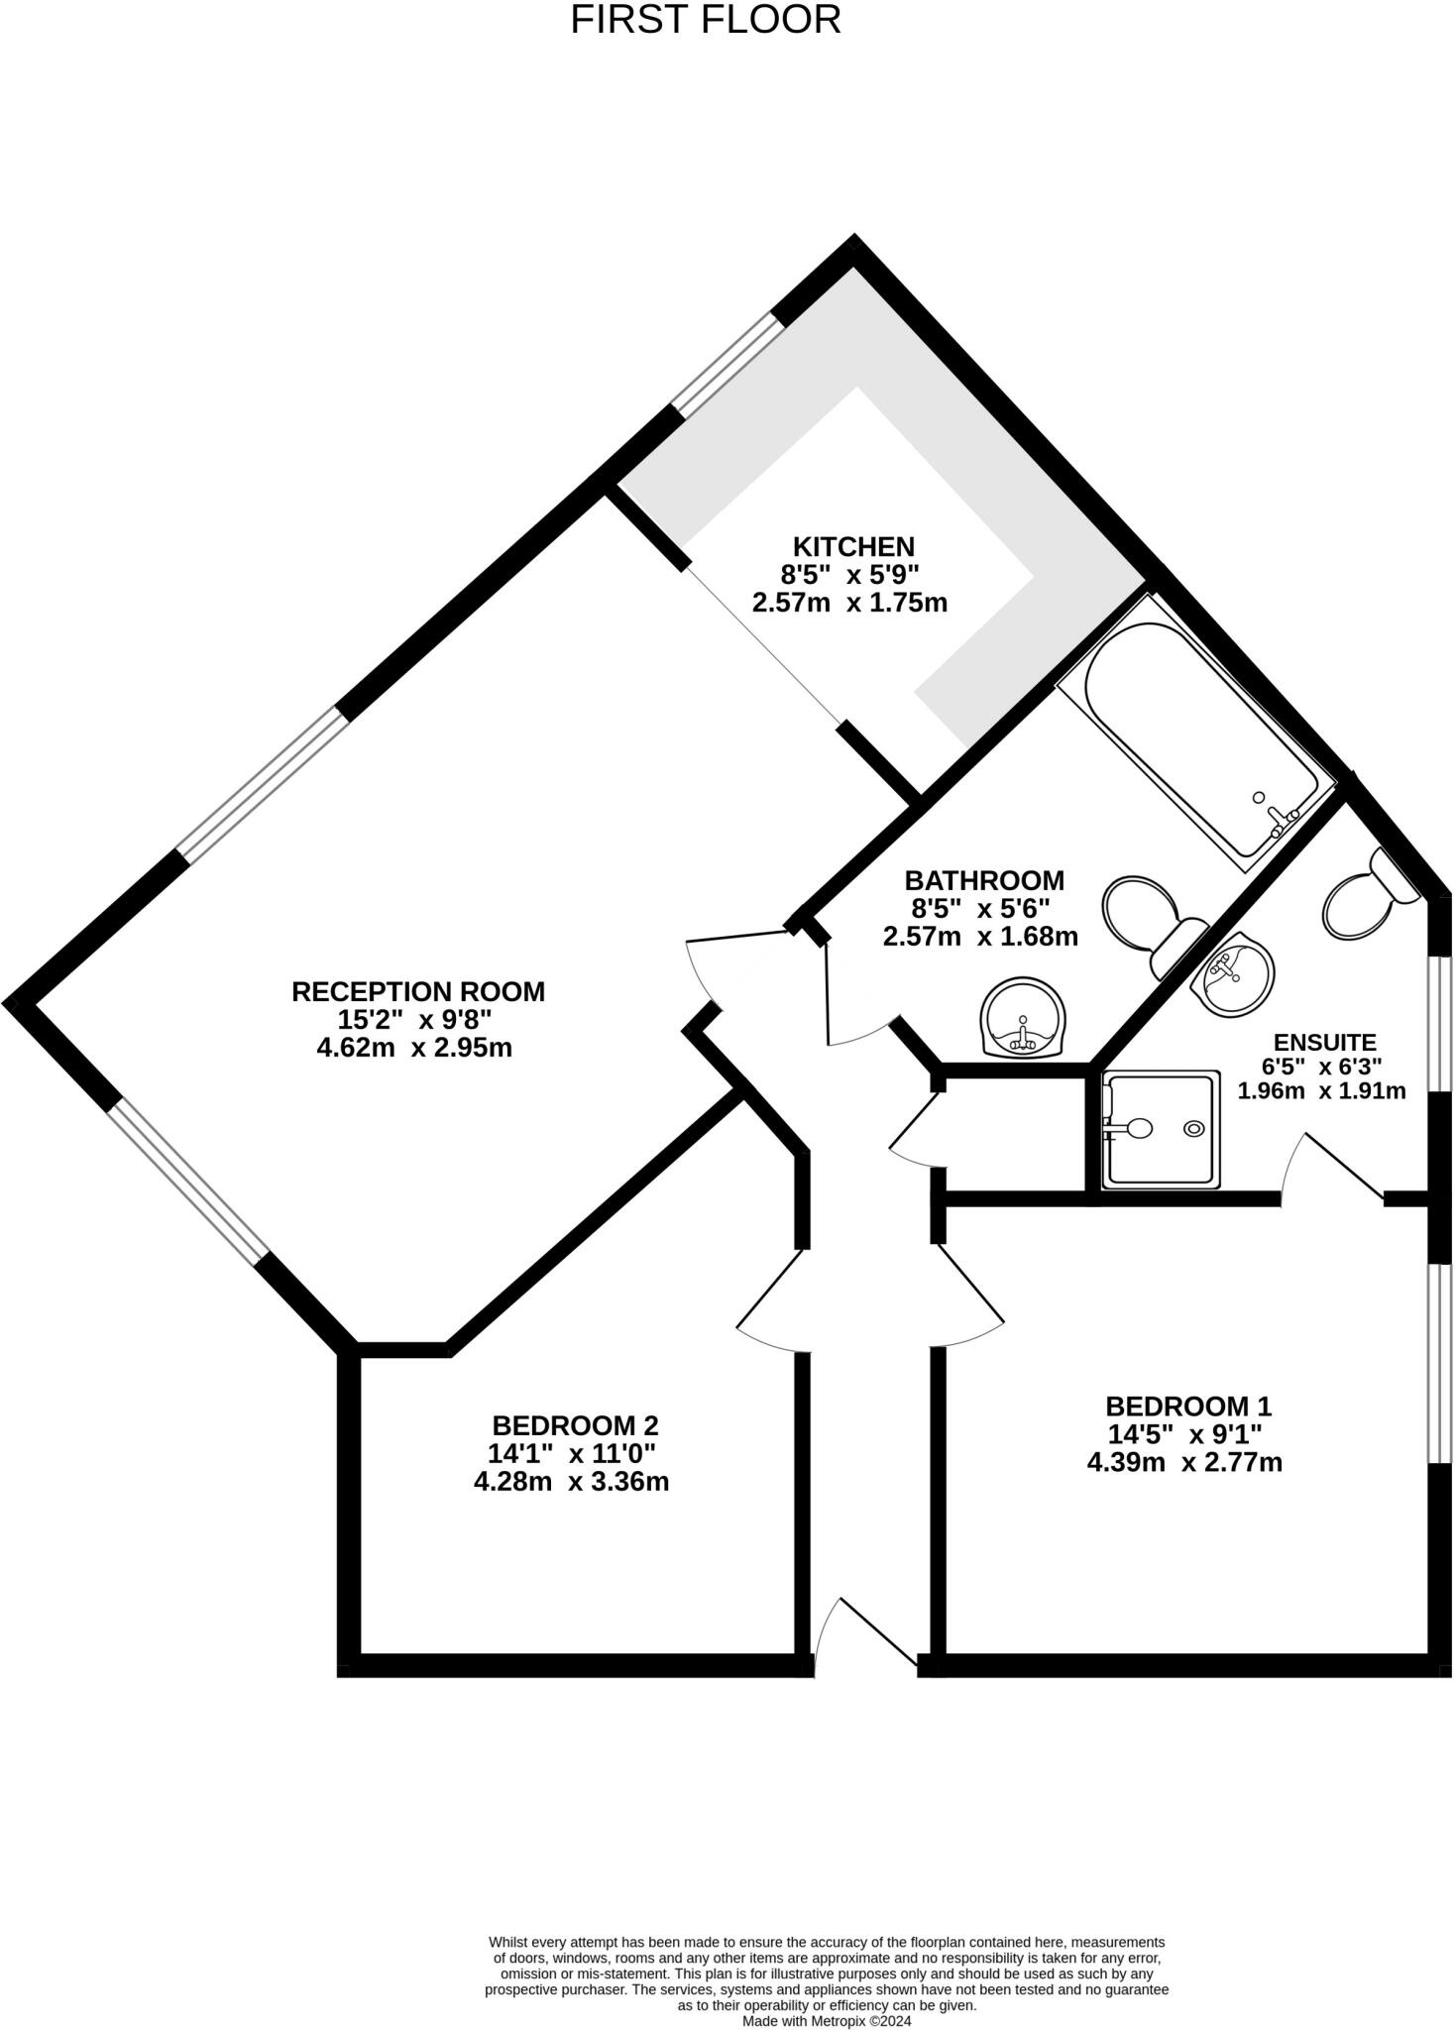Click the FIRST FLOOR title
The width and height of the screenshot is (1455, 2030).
point(706,20)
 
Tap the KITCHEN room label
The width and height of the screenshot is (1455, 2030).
point(852,546)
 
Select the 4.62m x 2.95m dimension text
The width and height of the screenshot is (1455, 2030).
point(413,1048)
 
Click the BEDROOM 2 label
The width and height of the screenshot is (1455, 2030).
point(575,1425)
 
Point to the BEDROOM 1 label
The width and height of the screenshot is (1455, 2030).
point(1187,1406)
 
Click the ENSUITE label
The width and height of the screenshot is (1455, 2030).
point(1324,1043)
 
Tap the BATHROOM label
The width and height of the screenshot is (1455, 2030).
point(983,880)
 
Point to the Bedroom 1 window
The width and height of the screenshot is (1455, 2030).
point(1437,1363)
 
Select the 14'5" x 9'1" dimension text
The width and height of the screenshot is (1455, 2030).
point(1183,1433)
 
